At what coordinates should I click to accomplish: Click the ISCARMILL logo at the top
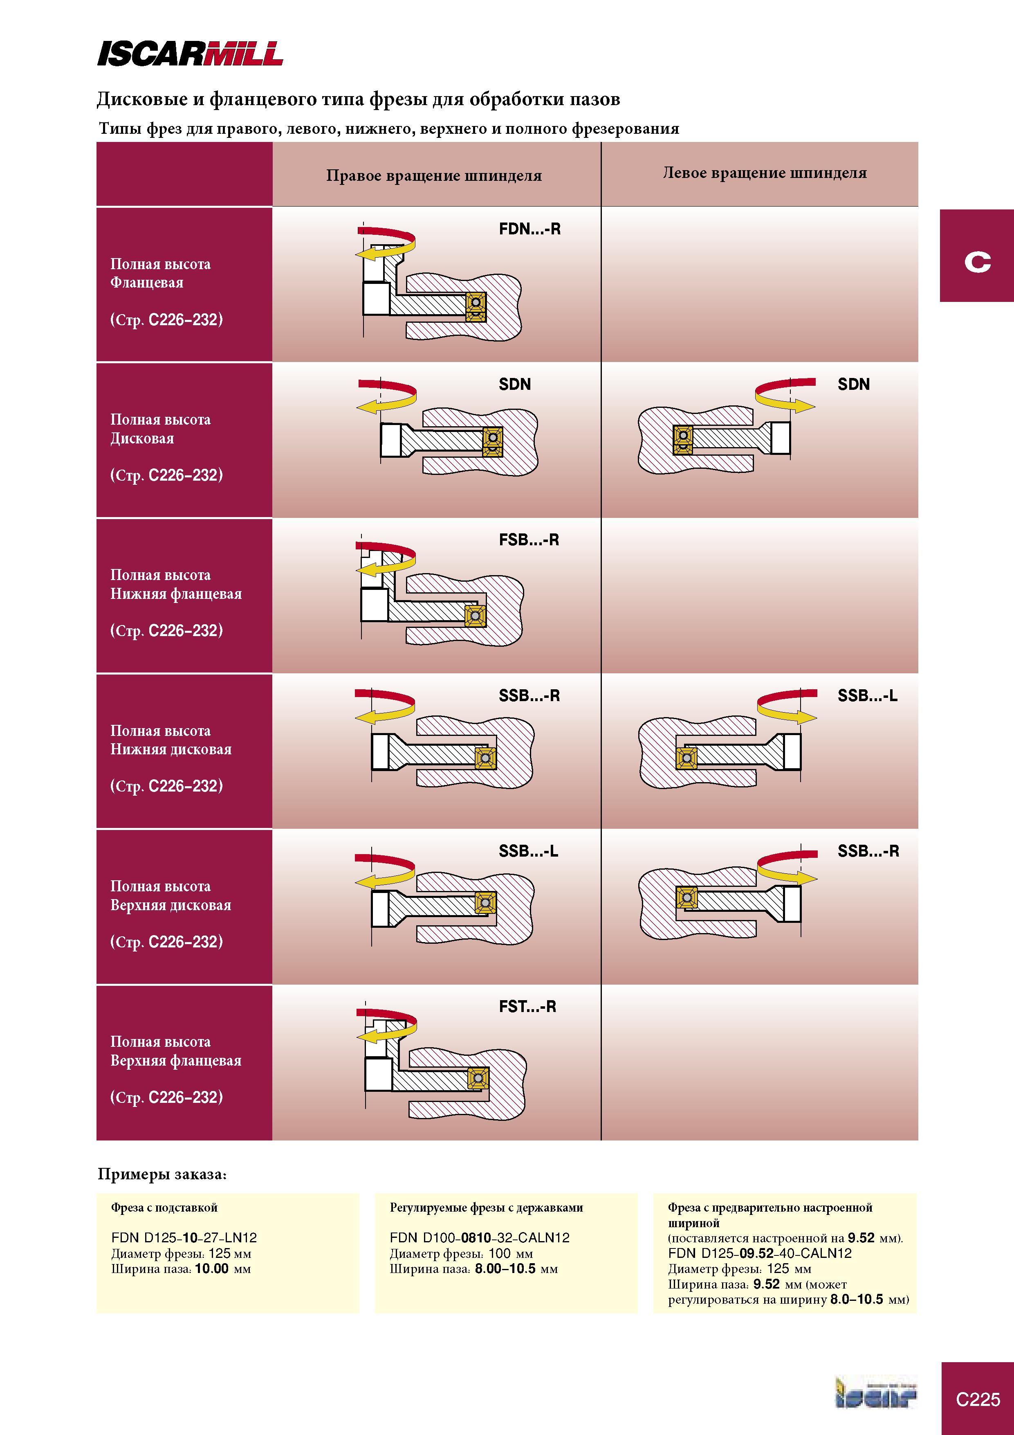[190, 54]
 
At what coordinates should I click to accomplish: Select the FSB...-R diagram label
[529, 540]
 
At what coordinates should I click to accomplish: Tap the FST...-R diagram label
[527, 1007]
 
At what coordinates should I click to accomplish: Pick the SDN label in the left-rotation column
[853, 385]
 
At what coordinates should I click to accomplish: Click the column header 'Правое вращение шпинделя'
[433, 175]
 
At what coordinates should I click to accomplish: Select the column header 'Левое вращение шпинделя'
[765, 173]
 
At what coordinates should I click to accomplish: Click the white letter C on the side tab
[978, 262]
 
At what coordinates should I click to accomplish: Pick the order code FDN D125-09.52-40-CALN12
[760, 1253]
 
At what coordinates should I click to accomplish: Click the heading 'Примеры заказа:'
[162, 1174]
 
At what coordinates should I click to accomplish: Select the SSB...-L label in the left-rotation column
[867, 696]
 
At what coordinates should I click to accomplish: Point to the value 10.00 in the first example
[212, 1269]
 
